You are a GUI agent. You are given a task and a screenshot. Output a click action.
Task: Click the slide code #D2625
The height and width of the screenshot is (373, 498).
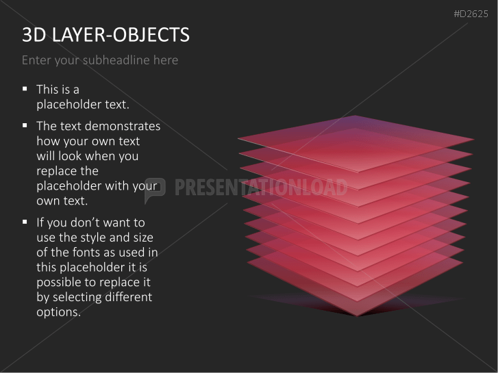471,13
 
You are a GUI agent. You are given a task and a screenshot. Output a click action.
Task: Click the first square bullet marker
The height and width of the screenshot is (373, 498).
25,88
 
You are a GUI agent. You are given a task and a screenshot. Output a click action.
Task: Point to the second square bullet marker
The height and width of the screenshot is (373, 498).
25,125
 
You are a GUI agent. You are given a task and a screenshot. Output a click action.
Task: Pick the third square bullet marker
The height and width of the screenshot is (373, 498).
25,222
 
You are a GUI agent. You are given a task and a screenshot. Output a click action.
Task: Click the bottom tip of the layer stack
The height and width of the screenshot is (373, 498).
356,314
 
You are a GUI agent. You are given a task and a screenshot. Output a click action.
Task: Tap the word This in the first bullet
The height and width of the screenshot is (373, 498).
48,89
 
